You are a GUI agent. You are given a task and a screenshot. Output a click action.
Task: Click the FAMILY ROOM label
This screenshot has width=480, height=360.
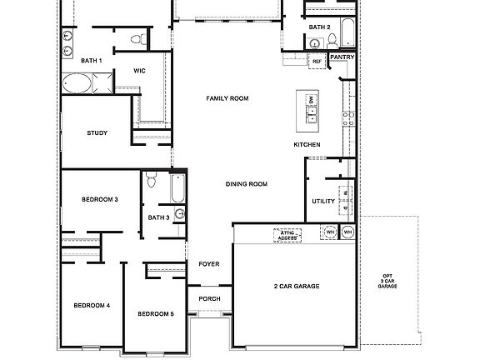coord(227,98)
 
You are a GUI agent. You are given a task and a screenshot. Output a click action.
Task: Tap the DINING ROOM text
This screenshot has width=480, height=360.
coord(246,184)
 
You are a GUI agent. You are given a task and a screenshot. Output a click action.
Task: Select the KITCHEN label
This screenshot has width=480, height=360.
coord(307,145)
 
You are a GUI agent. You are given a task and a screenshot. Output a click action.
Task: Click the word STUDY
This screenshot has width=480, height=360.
coord(97,133)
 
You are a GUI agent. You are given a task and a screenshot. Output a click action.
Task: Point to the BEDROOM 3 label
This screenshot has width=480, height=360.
coord(99,200)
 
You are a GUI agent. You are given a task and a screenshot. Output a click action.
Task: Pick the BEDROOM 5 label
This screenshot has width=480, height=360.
coord(156,313)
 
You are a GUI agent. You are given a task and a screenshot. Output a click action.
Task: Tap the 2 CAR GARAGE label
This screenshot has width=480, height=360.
coord(297,287)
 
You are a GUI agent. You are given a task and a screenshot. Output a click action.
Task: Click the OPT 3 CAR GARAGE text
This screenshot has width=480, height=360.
coord(387,281)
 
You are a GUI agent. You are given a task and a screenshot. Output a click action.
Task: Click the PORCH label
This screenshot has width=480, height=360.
coord(209,299)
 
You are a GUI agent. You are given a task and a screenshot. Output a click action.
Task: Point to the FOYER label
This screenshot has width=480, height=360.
coord(208,264)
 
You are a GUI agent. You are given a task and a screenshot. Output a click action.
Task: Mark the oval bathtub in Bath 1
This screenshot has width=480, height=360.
coord(79,84)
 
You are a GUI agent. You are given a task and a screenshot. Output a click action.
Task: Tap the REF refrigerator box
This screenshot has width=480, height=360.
coord(317,61)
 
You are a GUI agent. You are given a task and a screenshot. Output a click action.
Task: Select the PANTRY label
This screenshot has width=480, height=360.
coord(343,57)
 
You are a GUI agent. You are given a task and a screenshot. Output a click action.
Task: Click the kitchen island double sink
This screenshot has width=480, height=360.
coord(312,110)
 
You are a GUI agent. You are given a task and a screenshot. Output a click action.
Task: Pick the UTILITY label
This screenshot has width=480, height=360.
coord(323,202)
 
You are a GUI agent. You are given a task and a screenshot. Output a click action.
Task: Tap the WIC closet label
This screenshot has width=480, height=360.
coord(139,71)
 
